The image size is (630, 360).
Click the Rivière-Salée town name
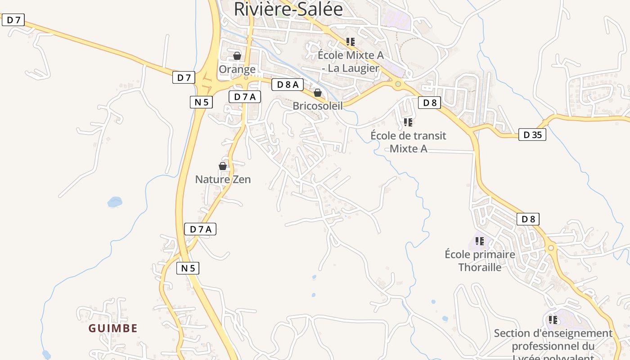tap(288, 9)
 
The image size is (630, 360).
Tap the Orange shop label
tap(237, 69)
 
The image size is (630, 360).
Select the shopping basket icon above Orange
tap(237, 56)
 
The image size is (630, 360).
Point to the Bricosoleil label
tap(318, 106)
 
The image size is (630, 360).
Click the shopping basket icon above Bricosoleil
tap(318, 93)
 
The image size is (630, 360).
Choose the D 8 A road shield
tap(288, 84)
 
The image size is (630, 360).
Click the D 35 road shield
tap(532, 134)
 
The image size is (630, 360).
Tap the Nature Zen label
tap(223, 179)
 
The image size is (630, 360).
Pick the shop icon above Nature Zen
tap(223, 166)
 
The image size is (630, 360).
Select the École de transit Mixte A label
tap(408, 142)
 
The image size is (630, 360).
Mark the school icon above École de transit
tap(408, 122)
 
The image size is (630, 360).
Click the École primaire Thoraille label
tap(480, 261)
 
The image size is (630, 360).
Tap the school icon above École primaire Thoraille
tap(480, 241)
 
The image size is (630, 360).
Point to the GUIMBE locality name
tap(113, 328)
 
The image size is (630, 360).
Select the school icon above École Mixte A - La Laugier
tap(351, 42)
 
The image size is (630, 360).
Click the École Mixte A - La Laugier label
tap(351, 62)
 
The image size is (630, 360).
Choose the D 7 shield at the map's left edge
tap(13, 20)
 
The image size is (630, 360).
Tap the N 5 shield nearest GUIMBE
tap(188, 268)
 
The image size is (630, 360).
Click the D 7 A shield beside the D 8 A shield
tap(245, 96)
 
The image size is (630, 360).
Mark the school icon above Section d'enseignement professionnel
tap(553, 320)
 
